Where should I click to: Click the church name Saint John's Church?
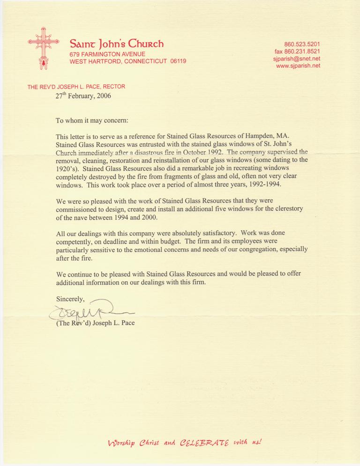pyautogui.click(x=116, y=45)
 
